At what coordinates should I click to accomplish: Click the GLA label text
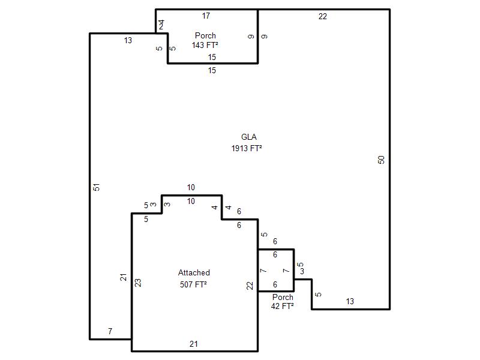(248, 137)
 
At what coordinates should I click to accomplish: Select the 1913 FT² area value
(247, 148)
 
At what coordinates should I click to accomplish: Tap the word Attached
(194, 273)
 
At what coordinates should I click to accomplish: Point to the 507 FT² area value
(193, 284)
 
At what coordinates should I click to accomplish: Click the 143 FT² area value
(205, 46)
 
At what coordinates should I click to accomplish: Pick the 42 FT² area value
(282, 306)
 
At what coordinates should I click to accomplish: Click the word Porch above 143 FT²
(205, 35)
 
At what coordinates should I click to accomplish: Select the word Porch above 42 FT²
(283, 297)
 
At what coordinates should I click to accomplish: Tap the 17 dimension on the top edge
(206, 16)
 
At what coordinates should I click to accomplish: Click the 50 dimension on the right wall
(381, 160)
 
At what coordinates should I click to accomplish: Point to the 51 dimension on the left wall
(97, 187)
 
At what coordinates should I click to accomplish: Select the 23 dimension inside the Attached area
(138, 283)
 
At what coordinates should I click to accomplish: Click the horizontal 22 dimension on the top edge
(323, 17)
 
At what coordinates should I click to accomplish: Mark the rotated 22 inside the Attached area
(250, 286)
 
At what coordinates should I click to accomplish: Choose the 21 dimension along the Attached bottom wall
(193, 344)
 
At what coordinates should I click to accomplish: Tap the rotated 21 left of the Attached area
(123, 277)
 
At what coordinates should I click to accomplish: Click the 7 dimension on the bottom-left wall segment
(110, 331)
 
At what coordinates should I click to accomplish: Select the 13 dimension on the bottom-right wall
(350, 302)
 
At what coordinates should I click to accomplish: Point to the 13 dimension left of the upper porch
(128, 40)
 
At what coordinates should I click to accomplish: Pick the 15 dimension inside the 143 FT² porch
(212, 57)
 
